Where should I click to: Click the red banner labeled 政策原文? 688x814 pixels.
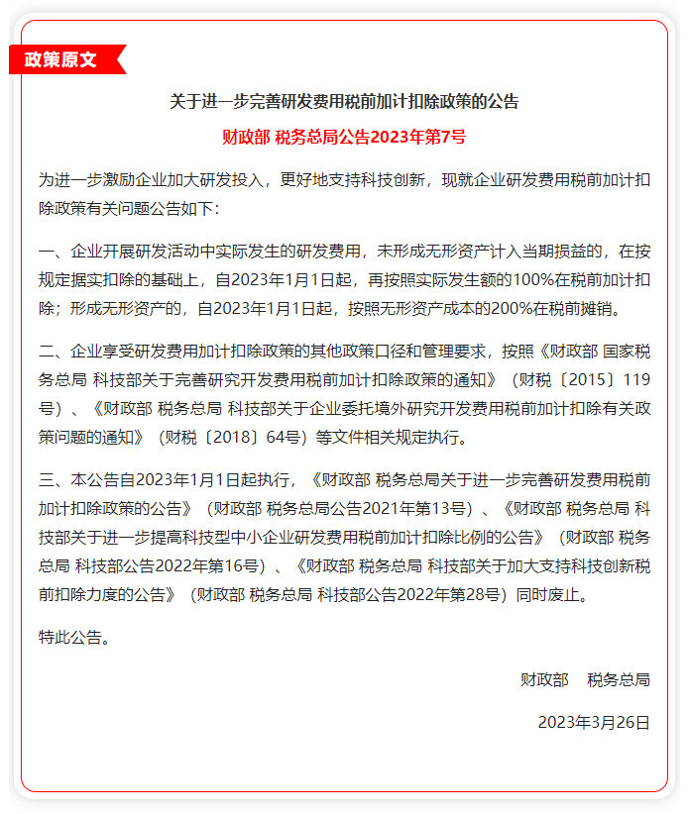point(61,59)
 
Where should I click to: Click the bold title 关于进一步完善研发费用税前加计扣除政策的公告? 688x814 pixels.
point(344,101)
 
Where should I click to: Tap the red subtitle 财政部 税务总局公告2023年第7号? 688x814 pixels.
point(344,138)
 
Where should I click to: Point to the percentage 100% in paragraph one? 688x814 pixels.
point(517,279)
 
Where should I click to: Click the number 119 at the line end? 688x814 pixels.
point(635,379)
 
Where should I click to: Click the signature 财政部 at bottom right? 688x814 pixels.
point(544,680)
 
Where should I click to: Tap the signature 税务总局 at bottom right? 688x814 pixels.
point(619,680)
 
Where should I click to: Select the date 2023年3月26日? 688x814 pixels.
point(594,723)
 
